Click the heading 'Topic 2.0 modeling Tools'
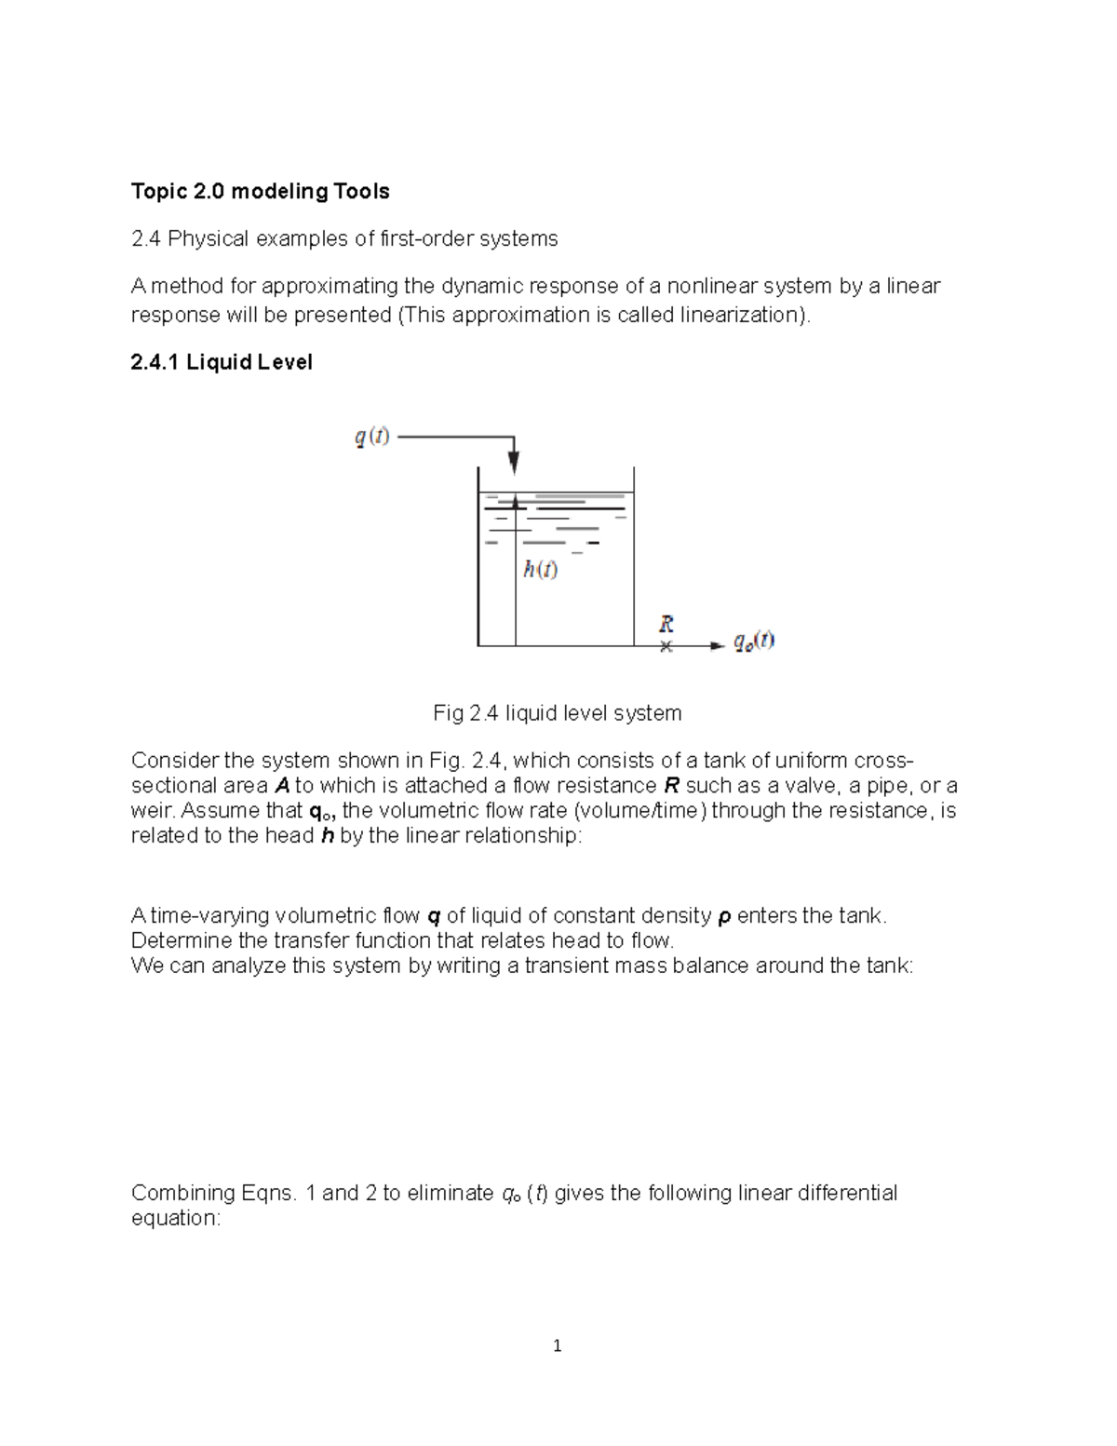[x=260, y=192]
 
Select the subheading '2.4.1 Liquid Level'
[x=222, y=362]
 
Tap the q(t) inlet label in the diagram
[x=372, y=436]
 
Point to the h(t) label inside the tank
[x=540, y=569]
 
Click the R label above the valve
[x=666, y=623]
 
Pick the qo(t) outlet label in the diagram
[x=754, y=641]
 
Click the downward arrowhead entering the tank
[x=514, y=463]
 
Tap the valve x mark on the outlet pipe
[x=666, y=646]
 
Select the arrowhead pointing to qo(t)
[x=717, y=645]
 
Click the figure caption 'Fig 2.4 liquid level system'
[x=557, y=713]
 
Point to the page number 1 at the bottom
[x=557, y=1345]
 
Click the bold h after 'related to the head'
[x=327, y=836]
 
